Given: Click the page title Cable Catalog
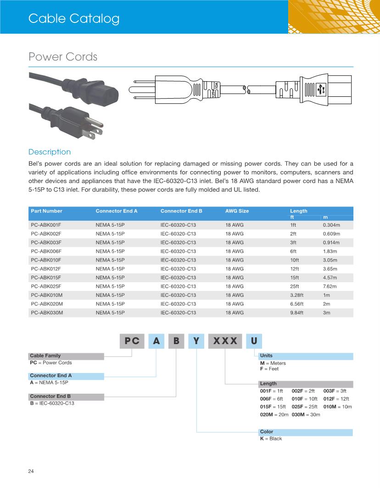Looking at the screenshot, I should [74, 19].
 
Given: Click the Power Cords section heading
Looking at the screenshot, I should [63, 57].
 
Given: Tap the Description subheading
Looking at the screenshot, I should [50, 152].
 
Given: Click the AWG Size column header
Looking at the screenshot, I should [237, 211].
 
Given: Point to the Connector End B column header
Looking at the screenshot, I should [181, 211].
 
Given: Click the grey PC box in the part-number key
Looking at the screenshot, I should [132, 341].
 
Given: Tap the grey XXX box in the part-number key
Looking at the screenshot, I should [225, 341].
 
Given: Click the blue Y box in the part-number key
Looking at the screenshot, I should [196, 341].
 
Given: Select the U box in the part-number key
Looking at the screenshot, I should [254, 341].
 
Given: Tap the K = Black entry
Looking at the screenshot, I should [271, 439].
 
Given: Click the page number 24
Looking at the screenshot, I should [31, 471].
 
